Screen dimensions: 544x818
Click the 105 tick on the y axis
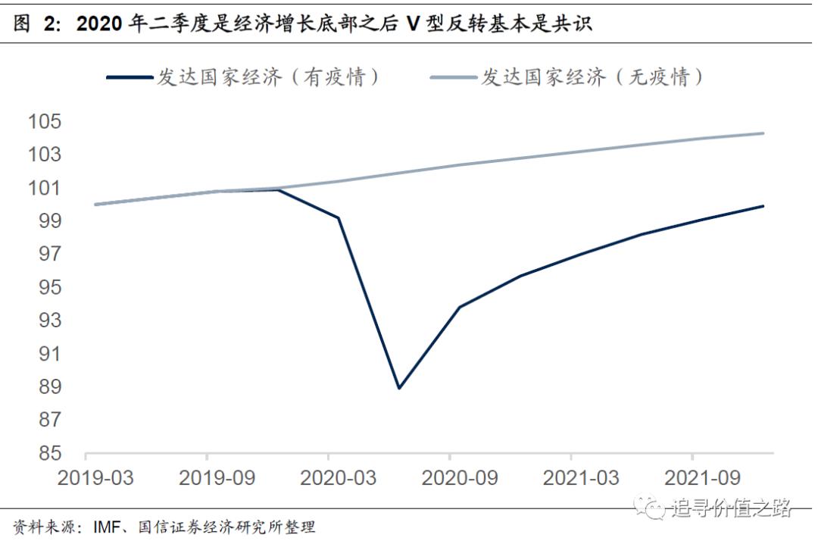tap(44, 121)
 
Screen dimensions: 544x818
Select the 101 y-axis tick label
tap(44, 187)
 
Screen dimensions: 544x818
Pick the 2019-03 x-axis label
tap(86, 479)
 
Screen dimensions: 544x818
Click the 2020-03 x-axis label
tap(328, 479)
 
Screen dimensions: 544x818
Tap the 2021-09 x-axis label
tap(692, 479)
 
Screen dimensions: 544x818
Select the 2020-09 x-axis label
tap(449, 479)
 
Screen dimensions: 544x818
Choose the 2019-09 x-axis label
tap(207, 479)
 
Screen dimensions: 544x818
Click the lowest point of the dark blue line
tap(399, 388)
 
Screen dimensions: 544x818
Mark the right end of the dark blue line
tap(763, 205)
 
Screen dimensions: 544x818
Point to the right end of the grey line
tap(763, 133)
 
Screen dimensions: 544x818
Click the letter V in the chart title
tap(413, 24)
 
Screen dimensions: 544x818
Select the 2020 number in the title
tap(98, 24)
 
